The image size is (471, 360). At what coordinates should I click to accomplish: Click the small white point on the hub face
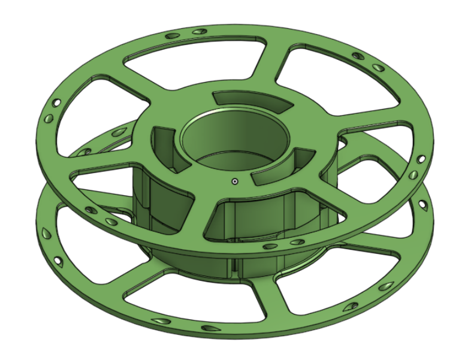[x=235, y=180]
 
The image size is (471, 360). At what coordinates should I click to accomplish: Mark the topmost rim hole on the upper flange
[x=198, y=31]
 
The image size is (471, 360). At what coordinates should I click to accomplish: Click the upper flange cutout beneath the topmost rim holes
[x=198, y=60]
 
